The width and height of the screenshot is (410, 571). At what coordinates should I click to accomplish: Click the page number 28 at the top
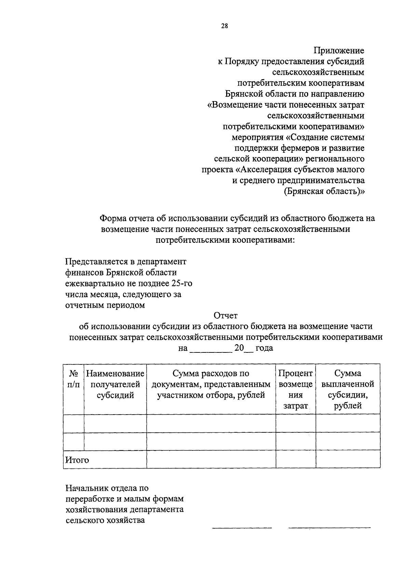pyautogui.click(x=224, y=26)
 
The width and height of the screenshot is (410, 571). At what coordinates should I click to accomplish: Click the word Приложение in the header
pyautogui.click(x=339, y=51)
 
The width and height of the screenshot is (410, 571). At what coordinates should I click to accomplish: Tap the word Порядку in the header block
pyautogui.click(x=241, y=62)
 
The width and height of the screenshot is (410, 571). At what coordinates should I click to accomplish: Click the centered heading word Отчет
pyautogui.click(x=225, y=316)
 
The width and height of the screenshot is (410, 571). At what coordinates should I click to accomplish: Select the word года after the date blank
pyautogui.click(x=264, y=348)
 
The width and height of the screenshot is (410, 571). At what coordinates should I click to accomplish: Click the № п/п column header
pyautogui.click(x=73, y=379)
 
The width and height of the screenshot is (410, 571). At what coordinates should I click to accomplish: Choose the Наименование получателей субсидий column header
pyautogui.click(x=115, y=385)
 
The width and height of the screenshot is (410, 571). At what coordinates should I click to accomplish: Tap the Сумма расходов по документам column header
pyautogui.click(x=211, y=385)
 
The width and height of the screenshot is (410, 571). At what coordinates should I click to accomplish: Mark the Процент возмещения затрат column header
pyautogui.click(x=296, y=390)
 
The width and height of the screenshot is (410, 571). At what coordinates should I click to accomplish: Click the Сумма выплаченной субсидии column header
pyautogui.click(x=347, y=390)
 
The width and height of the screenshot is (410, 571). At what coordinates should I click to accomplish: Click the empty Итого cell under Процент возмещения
pyautogui.click(x=296, y=459)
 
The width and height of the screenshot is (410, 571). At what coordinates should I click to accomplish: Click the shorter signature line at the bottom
pyautogui.click(x=242, y=528)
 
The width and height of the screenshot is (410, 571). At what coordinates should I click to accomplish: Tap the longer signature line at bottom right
pyautogui.click(x=329, y=528)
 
